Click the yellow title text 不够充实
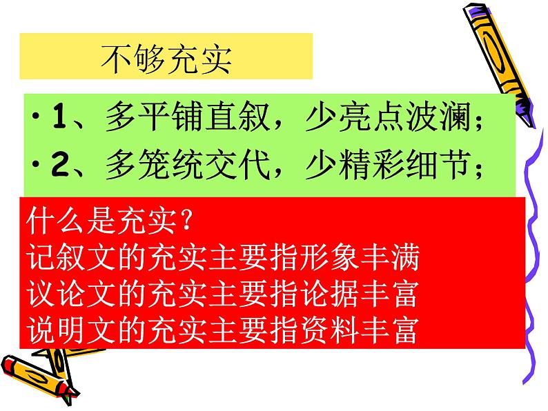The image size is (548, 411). pos(166,59)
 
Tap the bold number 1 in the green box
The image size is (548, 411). pos(60,117)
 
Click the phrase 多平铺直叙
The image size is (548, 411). pos(187,117)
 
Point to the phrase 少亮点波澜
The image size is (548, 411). pos(388,117)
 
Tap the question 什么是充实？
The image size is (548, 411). pos(109,221)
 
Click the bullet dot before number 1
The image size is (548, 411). pos(35,117)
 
